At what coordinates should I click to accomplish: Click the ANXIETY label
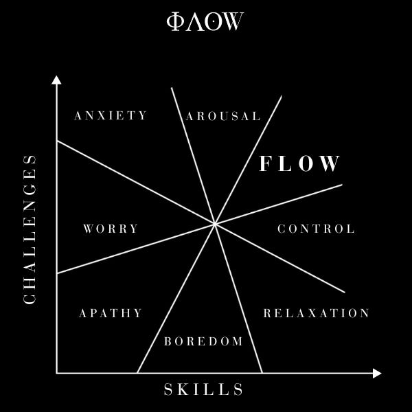tap(111, 115)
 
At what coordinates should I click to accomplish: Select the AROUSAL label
tap(223, 116)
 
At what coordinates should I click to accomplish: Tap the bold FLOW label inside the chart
tap(299, 163)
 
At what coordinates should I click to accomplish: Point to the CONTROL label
tap(316, 229)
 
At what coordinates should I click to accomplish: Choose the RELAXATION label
tap(317, 313)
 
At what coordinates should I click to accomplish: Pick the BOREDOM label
tap(203, 341)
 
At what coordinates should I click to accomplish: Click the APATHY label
tap(111, 313)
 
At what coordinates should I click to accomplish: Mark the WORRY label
tap(111, 229)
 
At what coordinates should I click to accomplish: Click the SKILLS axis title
tap(204, 390)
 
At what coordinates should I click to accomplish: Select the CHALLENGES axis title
tap(30, 229)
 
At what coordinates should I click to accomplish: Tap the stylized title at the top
tap(205, 22)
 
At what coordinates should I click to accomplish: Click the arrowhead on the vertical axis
tap(56, 80)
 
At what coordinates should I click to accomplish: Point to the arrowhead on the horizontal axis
tap(376, 373)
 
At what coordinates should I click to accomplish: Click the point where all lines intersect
tap(215, 223)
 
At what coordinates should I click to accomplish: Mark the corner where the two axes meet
tap(56, 373)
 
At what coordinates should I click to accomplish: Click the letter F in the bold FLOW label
tap(266, 163)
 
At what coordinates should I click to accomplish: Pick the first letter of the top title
tap(174, 22)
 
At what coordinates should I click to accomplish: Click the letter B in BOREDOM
tap(168, 341)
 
